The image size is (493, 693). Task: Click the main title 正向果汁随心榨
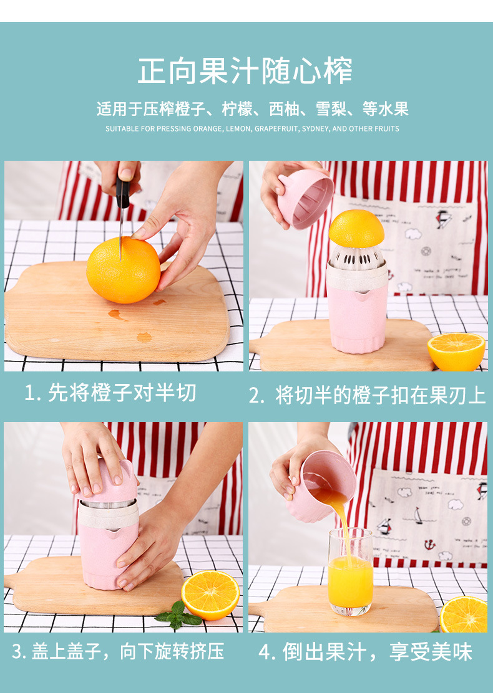(245, 70)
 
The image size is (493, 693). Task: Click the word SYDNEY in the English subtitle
(315, 128)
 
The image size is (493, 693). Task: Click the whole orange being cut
(123, 270)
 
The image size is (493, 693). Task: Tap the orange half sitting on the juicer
(356, 229)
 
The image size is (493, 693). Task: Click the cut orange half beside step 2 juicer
(456, 351)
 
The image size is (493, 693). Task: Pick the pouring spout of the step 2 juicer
(361, 295)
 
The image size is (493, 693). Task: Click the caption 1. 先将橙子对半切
(110, 393)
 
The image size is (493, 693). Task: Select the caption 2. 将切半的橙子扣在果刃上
(368, 394)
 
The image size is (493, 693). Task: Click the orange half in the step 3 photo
(210, 595)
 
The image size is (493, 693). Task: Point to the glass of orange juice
(351, 571)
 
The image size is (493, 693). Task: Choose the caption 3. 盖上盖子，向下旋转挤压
(118, 651)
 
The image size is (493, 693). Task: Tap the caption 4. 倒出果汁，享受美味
(366, 652)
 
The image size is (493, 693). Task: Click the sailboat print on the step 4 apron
(417, 515)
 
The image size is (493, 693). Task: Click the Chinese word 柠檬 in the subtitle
(237, 108)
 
